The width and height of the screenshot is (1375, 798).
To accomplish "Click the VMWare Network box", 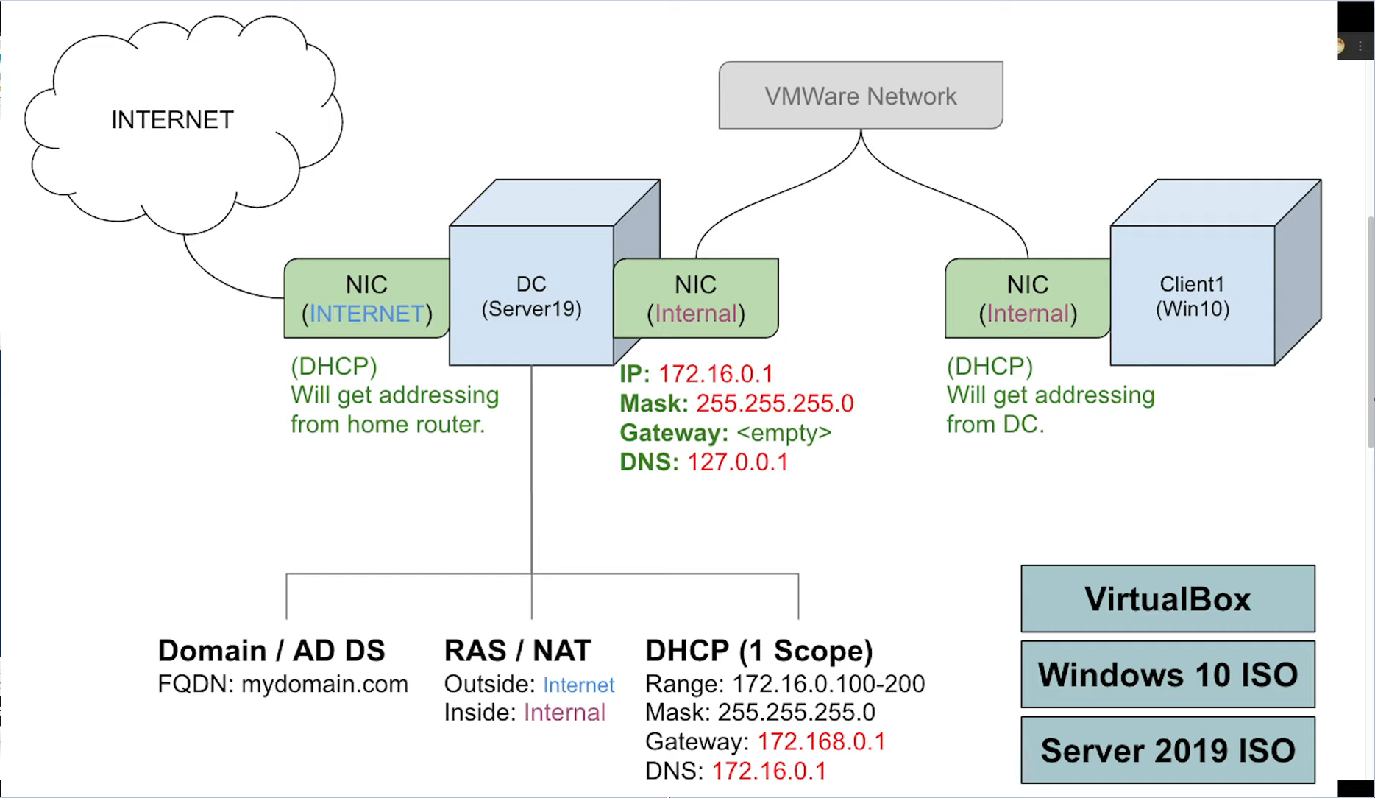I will tap(861, 96).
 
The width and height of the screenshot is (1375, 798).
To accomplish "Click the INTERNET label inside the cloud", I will tap(172, 120).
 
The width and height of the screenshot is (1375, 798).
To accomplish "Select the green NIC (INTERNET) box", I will tap(366, 299).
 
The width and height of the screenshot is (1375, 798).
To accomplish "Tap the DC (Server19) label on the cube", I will tap(531, 297).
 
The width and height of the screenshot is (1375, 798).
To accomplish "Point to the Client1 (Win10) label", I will tap(1193, 297).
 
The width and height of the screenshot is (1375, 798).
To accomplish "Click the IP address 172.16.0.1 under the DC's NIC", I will tap(715, 374).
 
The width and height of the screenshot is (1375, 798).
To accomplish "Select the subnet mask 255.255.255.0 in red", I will tap(775, 403).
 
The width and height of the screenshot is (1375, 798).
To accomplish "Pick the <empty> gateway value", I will tap(784, 433).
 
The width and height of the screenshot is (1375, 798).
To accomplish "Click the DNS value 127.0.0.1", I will tap(738, 462).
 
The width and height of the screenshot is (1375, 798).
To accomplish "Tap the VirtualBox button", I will tap(1168, 599).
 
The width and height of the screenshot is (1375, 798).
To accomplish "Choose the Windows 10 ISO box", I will tap(1168, 675).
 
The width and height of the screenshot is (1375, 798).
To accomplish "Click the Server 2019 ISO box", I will tap(1168, 751).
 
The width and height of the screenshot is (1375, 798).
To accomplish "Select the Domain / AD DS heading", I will tap(271, 651).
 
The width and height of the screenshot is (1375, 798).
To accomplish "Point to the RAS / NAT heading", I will tap(517, 651).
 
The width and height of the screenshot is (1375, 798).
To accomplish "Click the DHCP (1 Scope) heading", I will tap(759, 651).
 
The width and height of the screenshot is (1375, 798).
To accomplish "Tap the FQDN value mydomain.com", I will tap(324, 684).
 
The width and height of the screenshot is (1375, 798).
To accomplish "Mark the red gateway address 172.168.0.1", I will tap(821, 742).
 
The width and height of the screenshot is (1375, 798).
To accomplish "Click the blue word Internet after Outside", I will tap(578, 685).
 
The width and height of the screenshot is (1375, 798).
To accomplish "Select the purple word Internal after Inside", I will tap(564, 713).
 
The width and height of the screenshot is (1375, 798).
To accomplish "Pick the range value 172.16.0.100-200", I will tap(828, 684).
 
